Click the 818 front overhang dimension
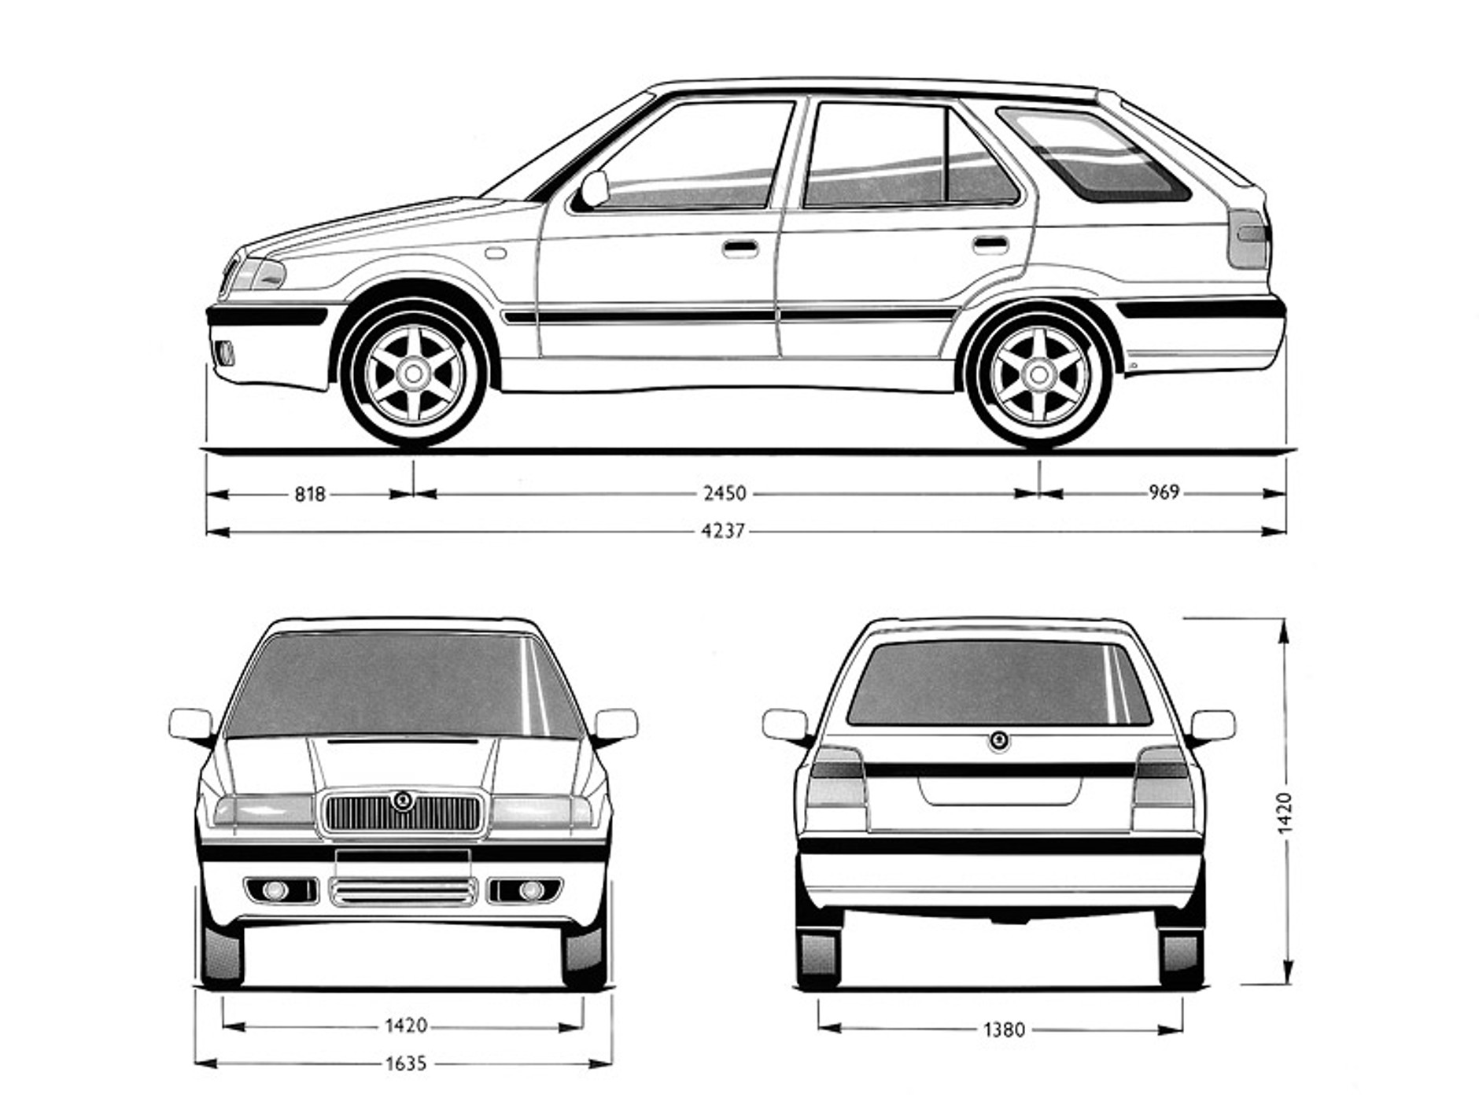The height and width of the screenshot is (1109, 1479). click(309, 494)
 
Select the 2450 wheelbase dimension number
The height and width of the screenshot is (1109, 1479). click(724, 493)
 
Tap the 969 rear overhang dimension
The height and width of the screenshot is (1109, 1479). click(1164, 492)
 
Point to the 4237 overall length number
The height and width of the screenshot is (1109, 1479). click(722, 531)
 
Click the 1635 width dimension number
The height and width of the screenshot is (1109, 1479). click(406, 1063)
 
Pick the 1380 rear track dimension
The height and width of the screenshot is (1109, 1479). click(1004, 1029)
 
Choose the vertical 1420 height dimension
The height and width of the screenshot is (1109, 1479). click(1284, 812)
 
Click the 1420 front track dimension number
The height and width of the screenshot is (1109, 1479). click(406, 1025)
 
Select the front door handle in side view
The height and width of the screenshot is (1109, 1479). click(740, 249)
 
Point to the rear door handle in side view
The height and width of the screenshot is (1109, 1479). click(990, 244)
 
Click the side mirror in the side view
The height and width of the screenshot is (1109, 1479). click(594, 189)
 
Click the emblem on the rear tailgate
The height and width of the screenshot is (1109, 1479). click(998, 740)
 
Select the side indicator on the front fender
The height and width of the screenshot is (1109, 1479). click(496, 252)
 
